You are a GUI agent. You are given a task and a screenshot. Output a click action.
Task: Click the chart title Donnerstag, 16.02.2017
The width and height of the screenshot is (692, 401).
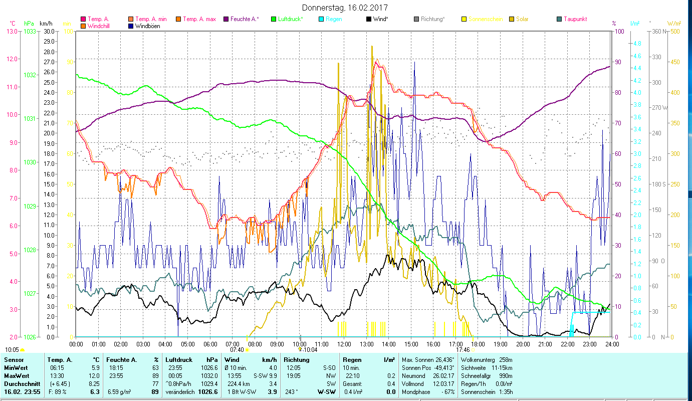click(345, 8)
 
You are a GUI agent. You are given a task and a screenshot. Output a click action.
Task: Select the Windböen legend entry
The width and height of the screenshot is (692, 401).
click(147, 26)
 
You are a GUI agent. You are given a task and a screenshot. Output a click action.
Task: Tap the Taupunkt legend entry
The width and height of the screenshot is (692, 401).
click(575, 19)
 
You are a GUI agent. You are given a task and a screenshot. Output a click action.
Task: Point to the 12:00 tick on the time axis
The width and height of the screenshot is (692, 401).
click(344, 344)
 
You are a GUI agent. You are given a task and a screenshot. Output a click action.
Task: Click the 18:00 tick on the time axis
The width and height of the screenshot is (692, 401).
click(478, 344)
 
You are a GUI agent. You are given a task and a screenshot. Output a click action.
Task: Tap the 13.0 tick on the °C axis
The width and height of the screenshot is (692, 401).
click(12, 31)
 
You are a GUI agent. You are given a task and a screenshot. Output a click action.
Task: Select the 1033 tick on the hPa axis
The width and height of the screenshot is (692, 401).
click(30, 31)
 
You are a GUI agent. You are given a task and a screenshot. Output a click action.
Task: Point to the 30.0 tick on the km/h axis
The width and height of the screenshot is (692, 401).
click(49, 31)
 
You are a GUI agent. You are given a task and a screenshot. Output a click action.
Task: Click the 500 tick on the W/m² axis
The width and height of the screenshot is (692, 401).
click(675, 31)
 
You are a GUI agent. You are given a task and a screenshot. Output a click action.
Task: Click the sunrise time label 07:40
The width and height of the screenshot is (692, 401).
click(237, 350)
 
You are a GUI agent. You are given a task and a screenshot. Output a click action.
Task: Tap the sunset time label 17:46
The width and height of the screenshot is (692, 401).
click(463, 350)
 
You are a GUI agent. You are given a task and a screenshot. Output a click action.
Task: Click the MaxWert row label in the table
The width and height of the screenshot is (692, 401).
click(16, 376)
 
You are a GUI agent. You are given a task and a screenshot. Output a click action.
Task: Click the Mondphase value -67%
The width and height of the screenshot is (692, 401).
click(447, 392)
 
